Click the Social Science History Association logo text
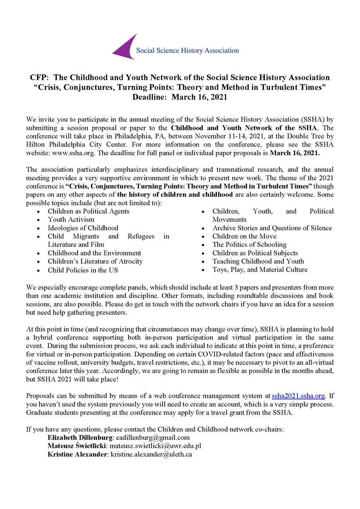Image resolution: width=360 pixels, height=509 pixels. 187,50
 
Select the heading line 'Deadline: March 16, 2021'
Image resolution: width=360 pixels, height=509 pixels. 180,96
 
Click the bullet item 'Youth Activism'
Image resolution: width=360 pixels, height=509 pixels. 71,220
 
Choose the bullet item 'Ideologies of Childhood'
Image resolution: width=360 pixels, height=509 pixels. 83,228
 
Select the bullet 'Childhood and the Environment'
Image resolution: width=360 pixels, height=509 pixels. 94,253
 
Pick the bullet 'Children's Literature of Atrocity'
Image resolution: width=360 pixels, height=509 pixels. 95,261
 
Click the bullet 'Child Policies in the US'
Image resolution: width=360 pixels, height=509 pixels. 83,270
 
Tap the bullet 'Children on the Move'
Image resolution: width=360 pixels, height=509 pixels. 244,236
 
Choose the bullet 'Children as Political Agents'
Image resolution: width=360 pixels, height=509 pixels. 88,211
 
